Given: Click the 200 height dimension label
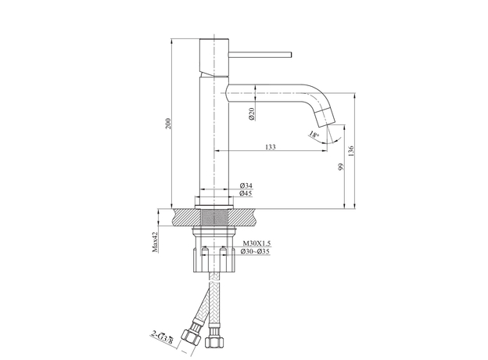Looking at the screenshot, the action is pyautogui.click(x=167, y=124).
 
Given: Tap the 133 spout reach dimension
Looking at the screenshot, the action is pyautogui.click(x=270, y=146).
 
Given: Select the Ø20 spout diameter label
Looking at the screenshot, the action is pyautogui.click(x=252, y=113).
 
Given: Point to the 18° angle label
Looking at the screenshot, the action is pyautogui.click(x=314, y=135).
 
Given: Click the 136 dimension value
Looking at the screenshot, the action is pyautogui.click(x=351, y=151).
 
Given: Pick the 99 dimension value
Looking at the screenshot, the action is pyautogui.click(x=341, y=167).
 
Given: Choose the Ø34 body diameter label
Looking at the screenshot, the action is pyautogui.click(x=246, y=185).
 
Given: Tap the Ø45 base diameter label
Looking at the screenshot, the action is pyautogui.click(x=246, y=193).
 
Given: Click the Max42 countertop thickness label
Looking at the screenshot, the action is pyautogui.click(x=155, y=242).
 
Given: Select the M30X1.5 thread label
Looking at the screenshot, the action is pyautogui.click(x=257, y=243).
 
